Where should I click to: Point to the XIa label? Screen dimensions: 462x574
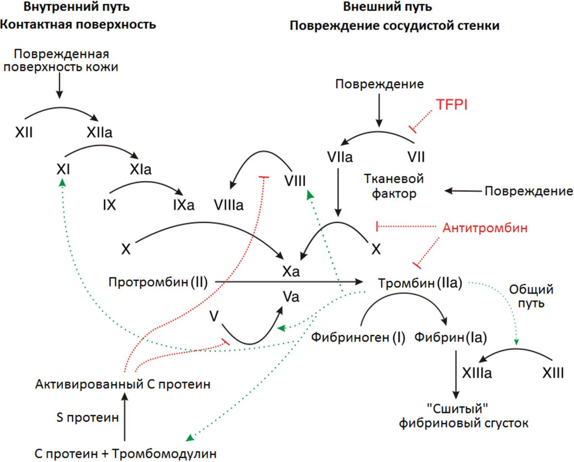(x=140, y=168)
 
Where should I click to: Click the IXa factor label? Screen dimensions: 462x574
(x=183, y=205)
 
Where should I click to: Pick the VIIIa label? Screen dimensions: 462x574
(x=229, y=205)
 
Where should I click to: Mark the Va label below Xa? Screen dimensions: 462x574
(x=291, y=297)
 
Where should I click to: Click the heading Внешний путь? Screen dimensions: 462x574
(x=395, y=8)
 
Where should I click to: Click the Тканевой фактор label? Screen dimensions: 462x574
(x=393, y=186)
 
